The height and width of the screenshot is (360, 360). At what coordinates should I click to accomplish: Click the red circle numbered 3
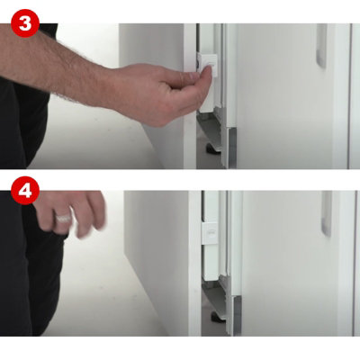click(x=25, y=23)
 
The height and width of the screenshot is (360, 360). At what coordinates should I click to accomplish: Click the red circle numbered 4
click(x=25, y=191)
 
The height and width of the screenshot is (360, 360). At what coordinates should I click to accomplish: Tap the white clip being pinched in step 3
click(x=207, y=65)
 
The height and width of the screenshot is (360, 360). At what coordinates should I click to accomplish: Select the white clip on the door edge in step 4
click(x=210, y=233)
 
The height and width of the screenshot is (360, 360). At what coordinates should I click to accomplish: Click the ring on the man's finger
click(x=63, y=218)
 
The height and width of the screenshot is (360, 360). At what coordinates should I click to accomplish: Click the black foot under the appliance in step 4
click(x=218, y=317)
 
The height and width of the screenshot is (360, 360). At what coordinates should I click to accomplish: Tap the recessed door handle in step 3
click(x=321, y=46)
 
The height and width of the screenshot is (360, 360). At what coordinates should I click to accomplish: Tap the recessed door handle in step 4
click(x=327, y=213)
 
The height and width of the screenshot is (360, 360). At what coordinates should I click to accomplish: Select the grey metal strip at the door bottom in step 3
click(x=232, y=148)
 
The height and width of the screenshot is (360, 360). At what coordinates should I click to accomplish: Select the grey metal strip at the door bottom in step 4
click(x=237, y=316)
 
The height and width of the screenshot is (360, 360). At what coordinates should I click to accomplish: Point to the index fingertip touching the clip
click(x=208, y=72)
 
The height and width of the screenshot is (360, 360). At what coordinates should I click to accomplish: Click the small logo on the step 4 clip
click(x=211, y=232)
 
